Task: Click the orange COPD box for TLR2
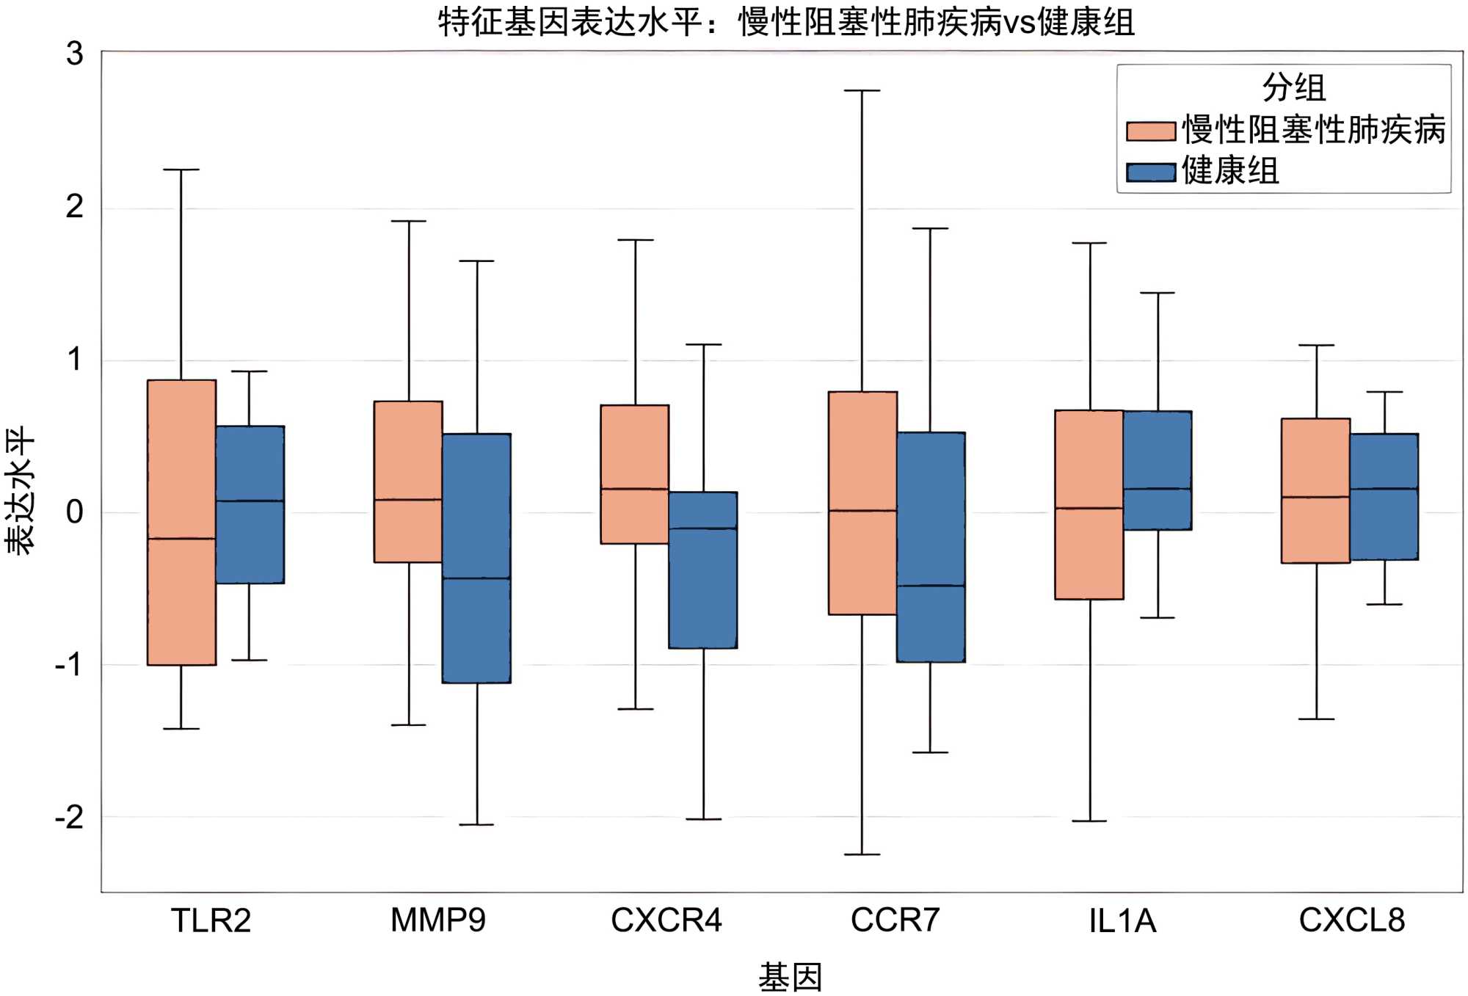[x=181, y=522]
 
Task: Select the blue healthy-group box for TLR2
[x=250, y=504]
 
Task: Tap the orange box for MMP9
[x=408, y=481]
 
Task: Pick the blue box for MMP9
[x=476, y=558]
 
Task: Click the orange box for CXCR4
[x=635, y=474]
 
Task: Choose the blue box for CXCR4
[x=703, y=570]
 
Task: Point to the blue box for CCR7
[x=931, y=547]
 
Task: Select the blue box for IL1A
[x=1158, y=470]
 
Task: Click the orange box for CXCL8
[x=1315, y=490]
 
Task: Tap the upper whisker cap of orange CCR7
[x=862, y=91]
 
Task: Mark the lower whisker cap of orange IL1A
[x=1089, y=821]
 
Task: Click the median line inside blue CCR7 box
[x=931, y=586]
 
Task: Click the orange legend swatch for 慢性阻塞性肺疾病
[x=1151, y=131]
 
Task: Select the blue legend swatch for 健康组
[x=1151, y=172]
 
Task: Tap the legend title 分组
[x=1293, y=88]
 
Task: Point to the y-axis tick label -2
[x=70, y=817]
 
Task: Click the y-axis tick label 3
[x=74, y=54]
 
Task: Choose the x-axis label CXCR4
[x=666, y=920]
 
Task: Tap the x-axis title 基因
[x=790, y=977]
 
